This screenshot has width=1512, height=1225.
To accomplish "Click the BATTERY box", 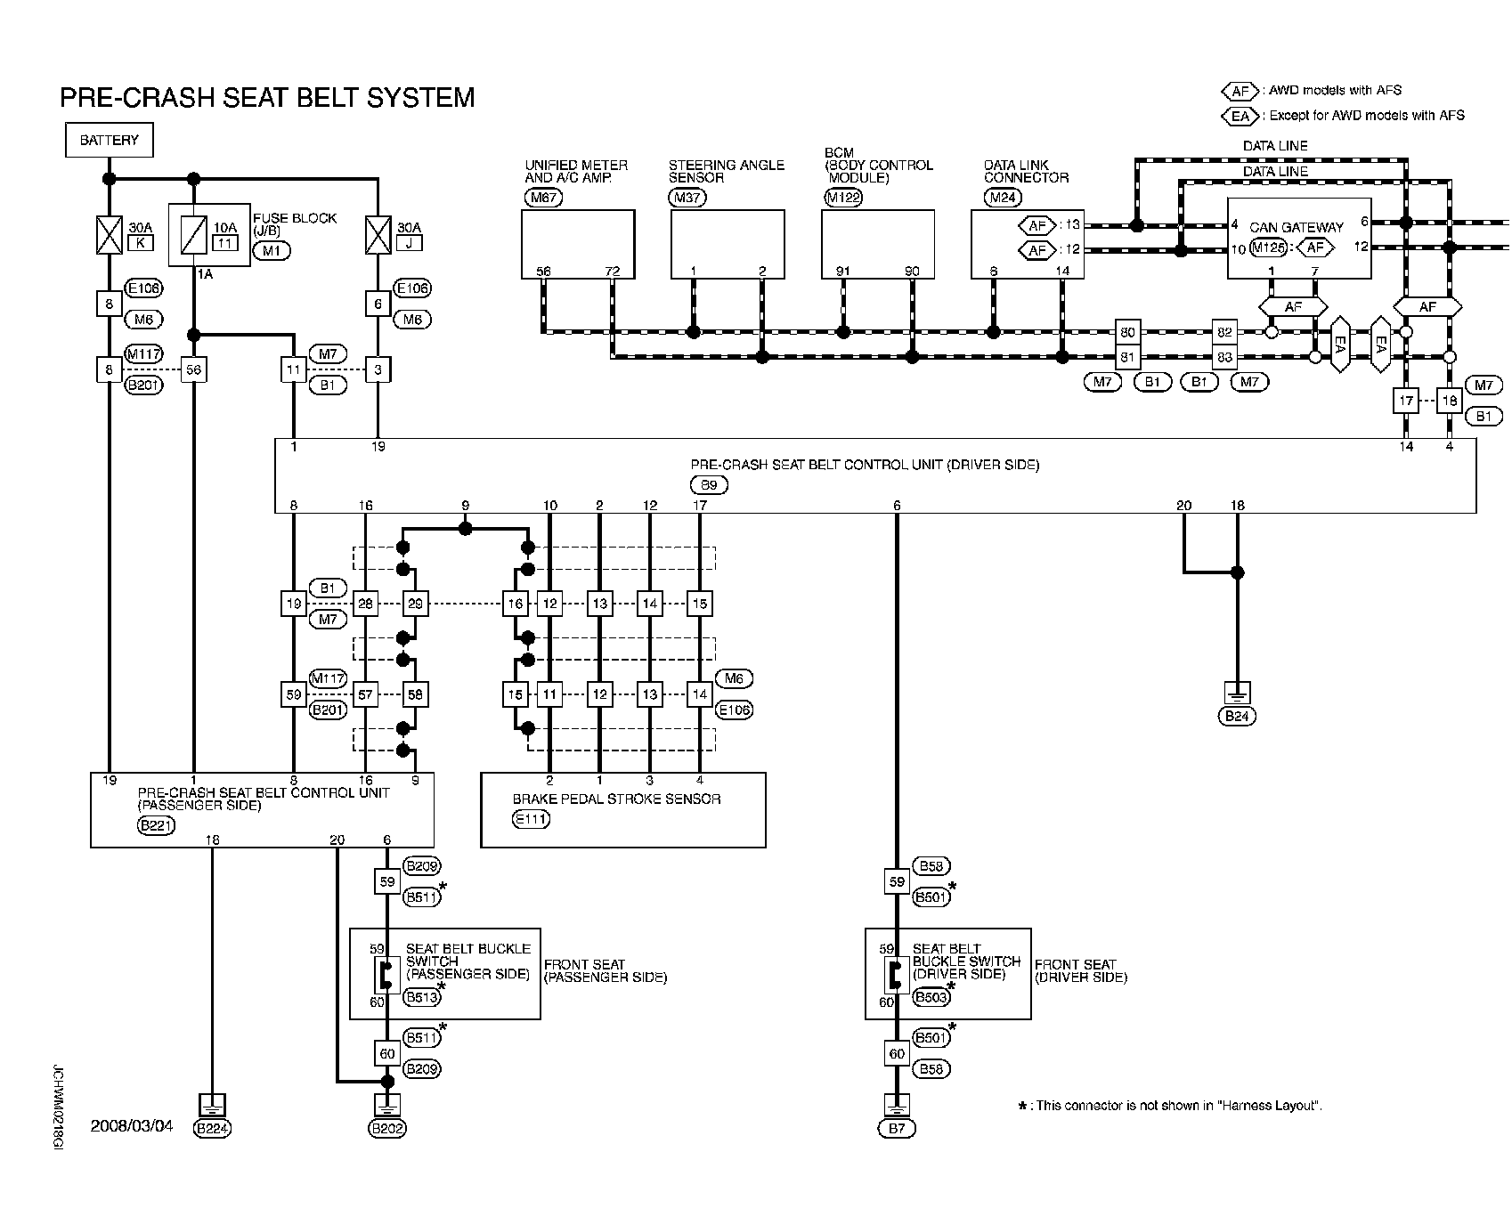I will click(109, 141).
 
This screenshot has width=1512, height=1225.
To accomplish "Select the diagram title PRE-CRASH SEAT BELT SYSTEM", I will click(267, 98).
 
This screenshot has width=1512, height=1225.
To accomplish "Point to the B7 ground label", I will click(896, 1129).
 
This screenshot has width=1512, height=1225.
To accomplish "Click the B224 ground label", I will click(212, 1129).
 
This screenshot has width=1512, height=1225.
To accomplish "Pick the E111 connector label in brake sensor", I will click(532, 819).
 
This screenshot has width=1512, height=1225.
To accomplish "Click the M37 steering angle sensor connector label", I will click(687, 198).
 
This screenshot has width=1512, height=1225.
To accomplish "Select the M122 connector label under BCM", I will click(843, 198).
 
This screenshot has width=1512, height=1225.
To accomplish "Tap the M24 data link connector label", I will click(1001, 198).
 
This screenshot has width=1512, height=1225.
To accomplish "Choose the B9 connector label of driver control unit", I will click(709, 485).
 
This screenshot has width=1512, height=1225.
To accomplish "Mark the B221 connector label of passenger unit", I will click(157, 825).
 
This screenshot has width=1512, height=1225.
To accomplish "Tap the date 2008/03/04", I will click(132, 1126).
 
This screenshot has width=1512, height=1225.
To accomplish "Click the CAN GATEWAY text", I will click(1297, 228).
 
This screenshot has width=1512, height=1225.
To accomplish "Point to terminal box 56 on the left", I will click(193, 369).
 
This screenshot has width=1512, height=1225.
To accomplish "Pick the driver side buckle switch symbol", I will click(892, 976).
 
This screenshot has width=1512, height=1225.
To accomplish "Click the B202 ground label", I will click(387, 1129).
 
